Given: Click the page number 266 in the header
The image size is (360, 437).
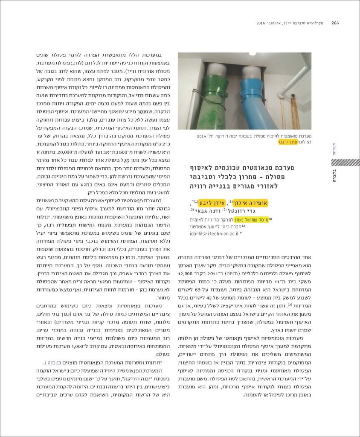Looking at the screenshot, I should pos(335,23).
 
